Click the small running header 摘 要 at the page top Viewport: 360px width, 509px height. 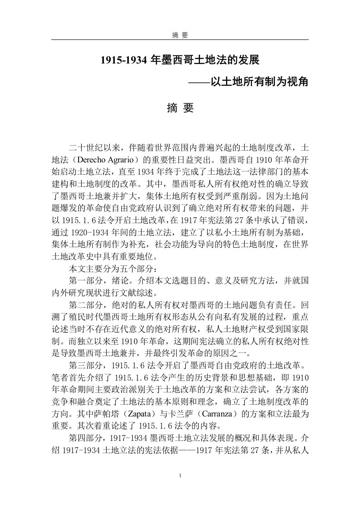click(180, 35)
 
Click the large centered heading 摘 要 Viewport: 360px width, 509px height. click(180, 108)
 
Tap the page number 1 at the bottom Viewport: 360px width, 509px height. click(180, 475)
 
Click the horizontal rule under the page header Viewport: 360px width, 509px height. click(180, 40)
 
